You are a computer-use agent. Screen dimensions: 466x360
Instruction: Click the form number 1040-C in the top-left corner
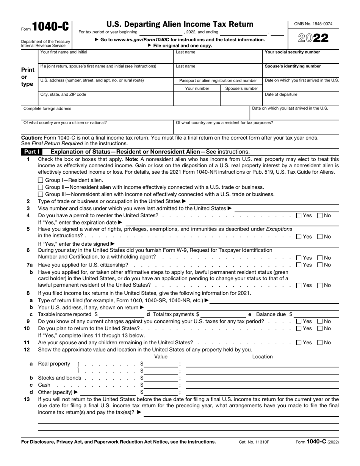(x=50, y=27)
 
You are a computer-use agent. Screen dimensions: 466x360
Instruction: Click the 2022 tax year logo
(x=313, y=38)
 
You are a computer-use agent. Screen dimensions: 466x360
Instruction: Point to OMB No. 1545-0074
(x=313, y=24)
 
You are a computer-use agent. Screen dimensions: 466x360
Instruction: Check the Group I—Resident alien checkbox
(x=41, y=180)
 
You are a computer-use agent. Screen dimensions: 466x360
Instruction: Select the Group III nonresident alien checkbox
(x=41, y=195)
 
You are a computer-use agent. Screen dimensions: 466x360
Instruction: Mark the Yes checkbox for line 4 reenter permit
(x=299, y=215)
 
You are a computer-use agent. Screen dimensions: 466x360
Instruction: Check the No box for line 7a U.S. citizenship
(x=320, y=265)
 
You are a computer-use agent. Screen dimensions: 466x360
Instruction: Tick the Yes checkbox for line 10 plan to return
(x=299, y=328)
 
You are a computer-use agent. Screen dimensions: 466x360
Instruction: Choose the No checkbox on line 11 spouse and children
(x=320, y=342)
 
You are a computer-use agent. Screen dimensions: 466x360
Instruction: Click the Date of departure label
(x=281, y=94)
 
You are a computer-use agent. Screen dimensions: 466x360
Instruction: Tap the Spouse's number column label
(x=241, y=88)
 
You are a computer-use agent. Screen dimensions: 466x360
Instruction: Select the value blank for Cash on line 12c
(x=161, y=385)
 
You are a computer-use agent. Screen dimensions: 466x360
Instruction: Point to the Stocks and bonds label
(x=59, y=378)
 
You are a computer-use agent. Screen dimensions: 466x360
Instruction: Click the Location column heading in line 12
(x=262, y=356)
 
